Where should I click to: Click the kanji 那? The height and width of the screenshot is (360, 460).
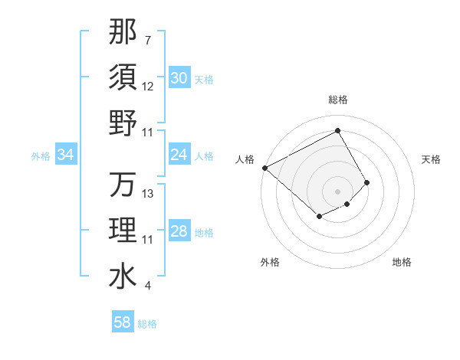(x=123, y=31)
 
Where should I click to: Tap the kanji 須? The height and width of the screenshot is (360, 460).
(x=123, y=77)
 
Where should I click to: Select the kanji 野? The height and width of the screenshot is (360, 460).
(x=123, y=123)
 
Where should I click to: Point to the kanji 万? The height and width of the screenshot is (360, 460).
(x=123, y=185)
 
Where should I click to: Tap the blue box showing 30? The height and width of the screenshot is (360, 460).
(x=179, y=78)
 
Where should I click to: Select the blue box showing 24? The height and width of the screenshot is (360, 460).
(x=179, y=155)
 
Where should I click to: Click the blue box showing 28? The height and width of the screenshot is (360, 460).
(x=179, y=231)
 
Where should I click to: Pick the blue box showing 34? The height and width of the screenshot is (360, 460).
(x=66, y=155)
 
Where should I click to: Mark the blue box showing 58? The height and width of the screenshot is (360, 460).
(x=123, y=322)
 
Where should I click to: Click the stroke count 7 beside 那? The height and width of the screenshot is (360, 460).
(x=147, y=40)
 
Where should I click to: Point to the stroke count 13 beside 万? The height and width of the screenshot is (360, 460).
(x=149, y=194)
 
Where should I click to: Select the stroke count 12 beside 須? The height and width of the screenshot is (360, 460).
(x=149, y=87)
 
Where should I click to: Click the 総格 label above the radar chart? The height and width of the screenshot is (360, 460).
(x=337, y=100)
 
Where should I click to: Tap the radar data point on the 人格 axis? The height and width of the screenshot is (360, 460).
(x=264, y=168)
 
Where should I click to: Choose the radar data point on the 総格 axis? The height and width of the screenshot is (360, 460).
(x=337, y=130)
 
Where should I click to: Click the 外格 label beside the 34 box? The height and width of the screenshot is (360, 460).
(x=41, y=155)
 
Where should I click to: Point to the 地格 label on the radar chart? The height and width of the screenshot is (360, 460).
(x=402, y=263)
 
